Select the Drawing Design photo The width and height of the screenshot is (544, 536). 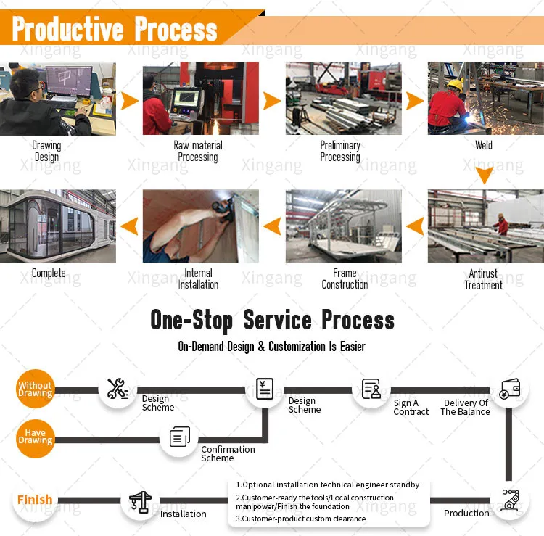click(x=57, y=99)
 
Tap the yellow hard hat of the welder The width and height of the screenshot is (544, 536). click(x=455, y=85)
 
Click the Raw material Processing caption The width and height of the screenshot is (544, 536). click(x=198, y=151)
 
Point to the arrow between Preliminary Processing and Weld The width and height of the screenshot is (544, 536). click(x=415, y=100)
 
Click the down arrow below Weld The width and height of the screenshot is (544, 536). click(x=484, y=175)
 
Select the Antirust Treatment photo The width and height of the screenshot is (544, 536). click(x=485, y=226)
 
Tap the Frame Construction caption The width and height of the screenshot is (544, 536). click(x=345, y=279)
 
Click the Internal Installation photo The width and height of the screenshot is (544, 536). click(x=200, y=226)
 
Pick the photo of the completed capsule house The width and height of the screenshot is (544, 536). click(x=57, y=226)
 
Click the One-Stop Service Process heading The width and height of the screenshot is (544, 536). click(x=272, y=320)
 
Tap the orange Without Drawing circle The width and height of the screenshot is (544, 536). click(x=36, y=389)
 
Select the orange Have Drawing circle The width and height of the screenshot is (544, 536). click(x=36, y=437)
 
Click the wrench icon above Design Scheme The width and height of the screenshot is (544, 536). click(x=118, y=389)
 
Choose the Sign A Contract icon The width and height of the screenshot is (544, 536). click(x=371, y=389)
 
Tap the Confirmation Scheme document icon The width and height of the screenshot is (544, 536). click(x=179, y=437)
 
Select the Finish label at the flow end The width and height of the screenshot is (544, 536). click(x=35, y=500)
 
